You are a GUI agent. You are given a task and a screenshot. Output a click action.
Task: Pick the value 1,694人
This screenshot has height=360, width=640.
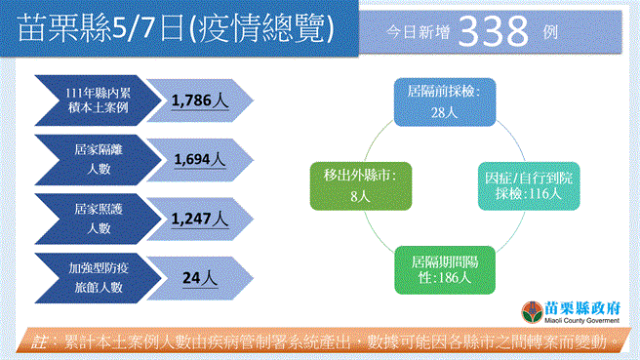(200, 159)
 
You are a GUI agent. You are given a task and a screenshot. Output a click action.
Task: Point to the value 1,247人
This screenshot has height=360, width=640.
(200, 219)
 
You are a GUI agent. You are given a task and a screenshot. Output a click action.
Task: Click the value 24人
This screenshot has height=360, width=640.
(200, 278)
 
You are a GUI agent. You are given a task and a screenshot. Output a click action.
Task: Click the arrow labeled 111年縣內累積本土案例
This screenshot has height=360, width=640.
(93, 100)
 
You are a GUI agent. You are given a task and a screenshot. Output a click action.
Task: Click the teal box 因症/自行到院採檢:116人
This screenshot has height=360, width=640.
(523, 184)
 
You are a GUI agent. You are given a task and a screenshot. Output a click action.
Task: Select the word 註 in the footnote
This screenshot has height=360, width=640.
(39, 342)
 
